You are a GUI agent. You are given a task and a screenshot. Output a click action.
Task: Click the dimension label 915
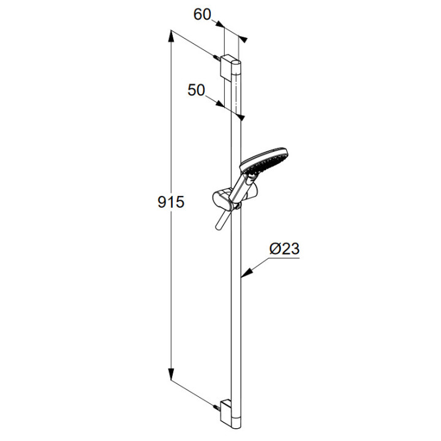(x=171, y=202)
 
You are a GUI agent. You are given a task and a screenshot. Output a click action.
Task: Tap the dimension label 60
(x=202, y=15)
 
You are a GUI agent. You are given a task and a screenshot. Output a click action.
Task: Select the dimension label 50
(x=197, y=90)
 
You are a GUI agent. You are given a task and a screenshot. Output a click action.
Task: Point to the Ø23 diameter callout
(x=284, y=249)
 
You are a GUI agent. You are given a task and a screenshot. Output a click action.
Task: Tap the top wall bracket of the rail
(x=228, y=67)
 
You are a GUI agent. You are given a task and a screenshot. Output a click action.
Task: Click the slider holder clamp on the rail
(x=222, y=199)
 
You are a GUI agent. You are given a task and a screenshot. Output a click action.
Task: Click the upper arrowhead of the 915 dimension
(x=170, y=37)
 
